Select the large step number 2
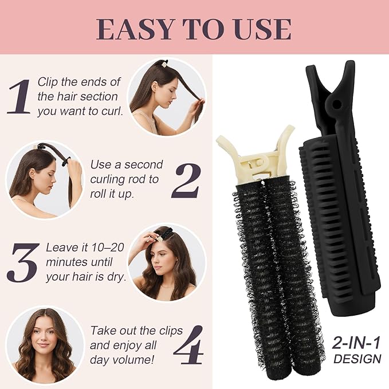coord(185,179)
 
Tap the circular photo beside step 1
coord(166,97)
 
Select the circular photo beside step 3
coord(166,263)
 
